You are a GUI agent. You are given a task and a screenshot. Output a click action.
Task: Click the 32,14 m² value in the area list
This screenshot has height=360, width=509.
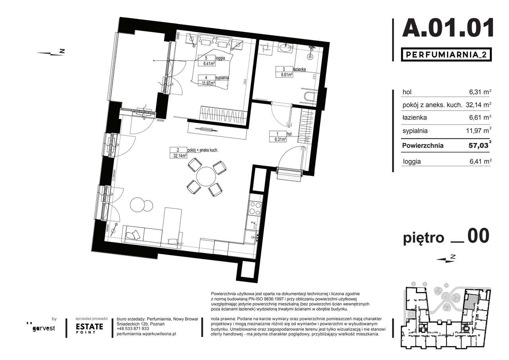478,105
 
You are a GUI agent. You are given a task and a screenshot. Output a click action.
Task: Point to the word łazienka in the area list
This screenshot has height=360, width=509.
415,118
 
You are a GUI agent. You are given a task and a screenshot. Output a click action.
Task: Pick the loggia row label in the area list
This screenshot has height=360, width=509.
412,162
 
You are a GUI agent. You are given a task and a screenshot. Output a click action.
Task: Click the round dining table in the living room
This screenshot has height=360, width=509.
206,176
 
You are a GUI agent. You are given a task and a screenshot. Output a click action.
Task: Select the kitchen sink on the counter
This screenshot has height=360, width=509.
252,237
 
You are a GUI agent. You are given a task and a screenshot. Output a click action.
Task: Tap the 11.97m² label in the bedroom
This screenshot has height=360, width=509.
207,83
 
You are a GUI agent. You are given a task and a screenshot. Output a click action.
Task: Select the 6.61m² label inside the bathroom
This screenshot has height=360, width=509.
285,74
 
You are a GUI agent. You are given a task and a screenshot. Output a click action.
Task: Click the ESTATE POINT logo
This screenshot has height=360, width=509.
89,328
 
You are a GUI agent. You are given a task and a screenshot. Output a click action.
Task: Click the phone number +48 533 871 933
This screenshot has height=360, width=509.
133,329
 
